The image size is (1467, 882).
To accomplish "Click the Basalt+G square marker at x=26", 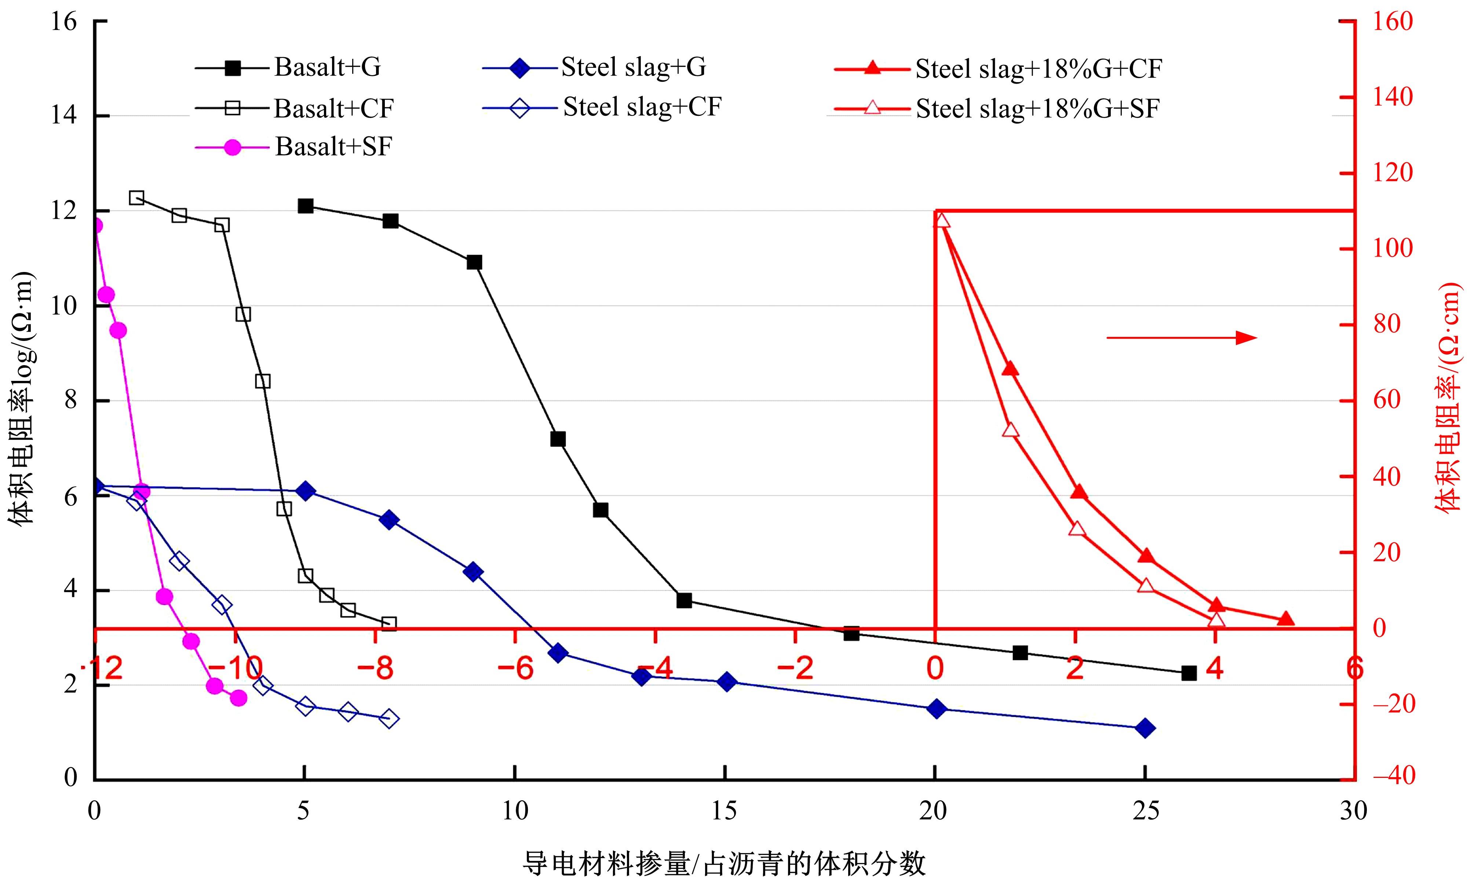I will tap(1189, 673).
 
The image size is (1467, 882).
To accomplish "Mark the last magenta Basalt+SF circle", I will tap(238, 698).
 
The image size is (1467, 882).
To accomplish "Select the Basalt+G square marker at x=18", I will tap(851, 633).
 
